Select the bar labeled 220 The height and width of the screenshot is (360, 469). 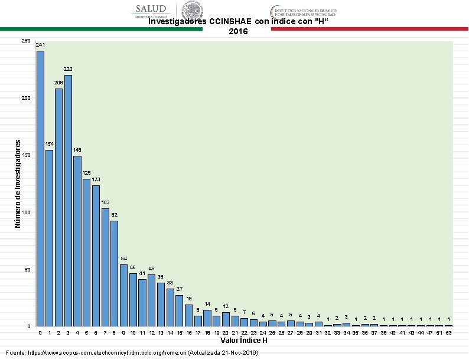tap(68, 200)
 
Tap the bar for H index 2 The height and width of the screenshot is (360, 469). tap(58, 207)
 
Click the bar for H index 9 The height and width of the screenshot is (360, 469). tap(124, 295)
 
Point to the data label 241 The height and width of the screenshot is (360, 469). tap(40, 45)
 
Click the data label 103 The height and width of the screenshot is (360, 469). tap(105, 202)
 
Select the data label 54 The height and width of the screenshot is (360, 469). tap(124, 258)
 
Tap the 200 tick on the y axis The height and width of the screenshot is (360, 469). tap(25, 98)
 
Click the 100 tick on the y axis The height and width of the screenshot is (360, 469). tap(25, 212)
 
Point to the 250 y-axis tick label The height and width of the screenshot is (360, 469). tap(25, 41)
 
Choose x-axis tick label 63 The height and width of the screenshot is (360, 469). tap(449, 333)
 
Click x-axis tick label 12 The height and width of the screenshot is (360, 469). tap(152, 333)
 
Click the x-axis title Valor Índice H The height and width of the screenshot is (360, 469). tap(244, 341)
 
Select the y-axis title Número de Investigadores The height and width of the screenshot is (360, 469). tap(18, 184)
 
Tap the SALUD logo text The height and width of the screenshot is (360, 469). tap(152, 9)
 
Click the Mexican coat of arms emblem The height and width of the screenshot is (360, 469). tap(192, 10)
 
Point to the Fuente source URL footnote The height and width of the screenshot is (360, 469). tap(132, 352)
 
